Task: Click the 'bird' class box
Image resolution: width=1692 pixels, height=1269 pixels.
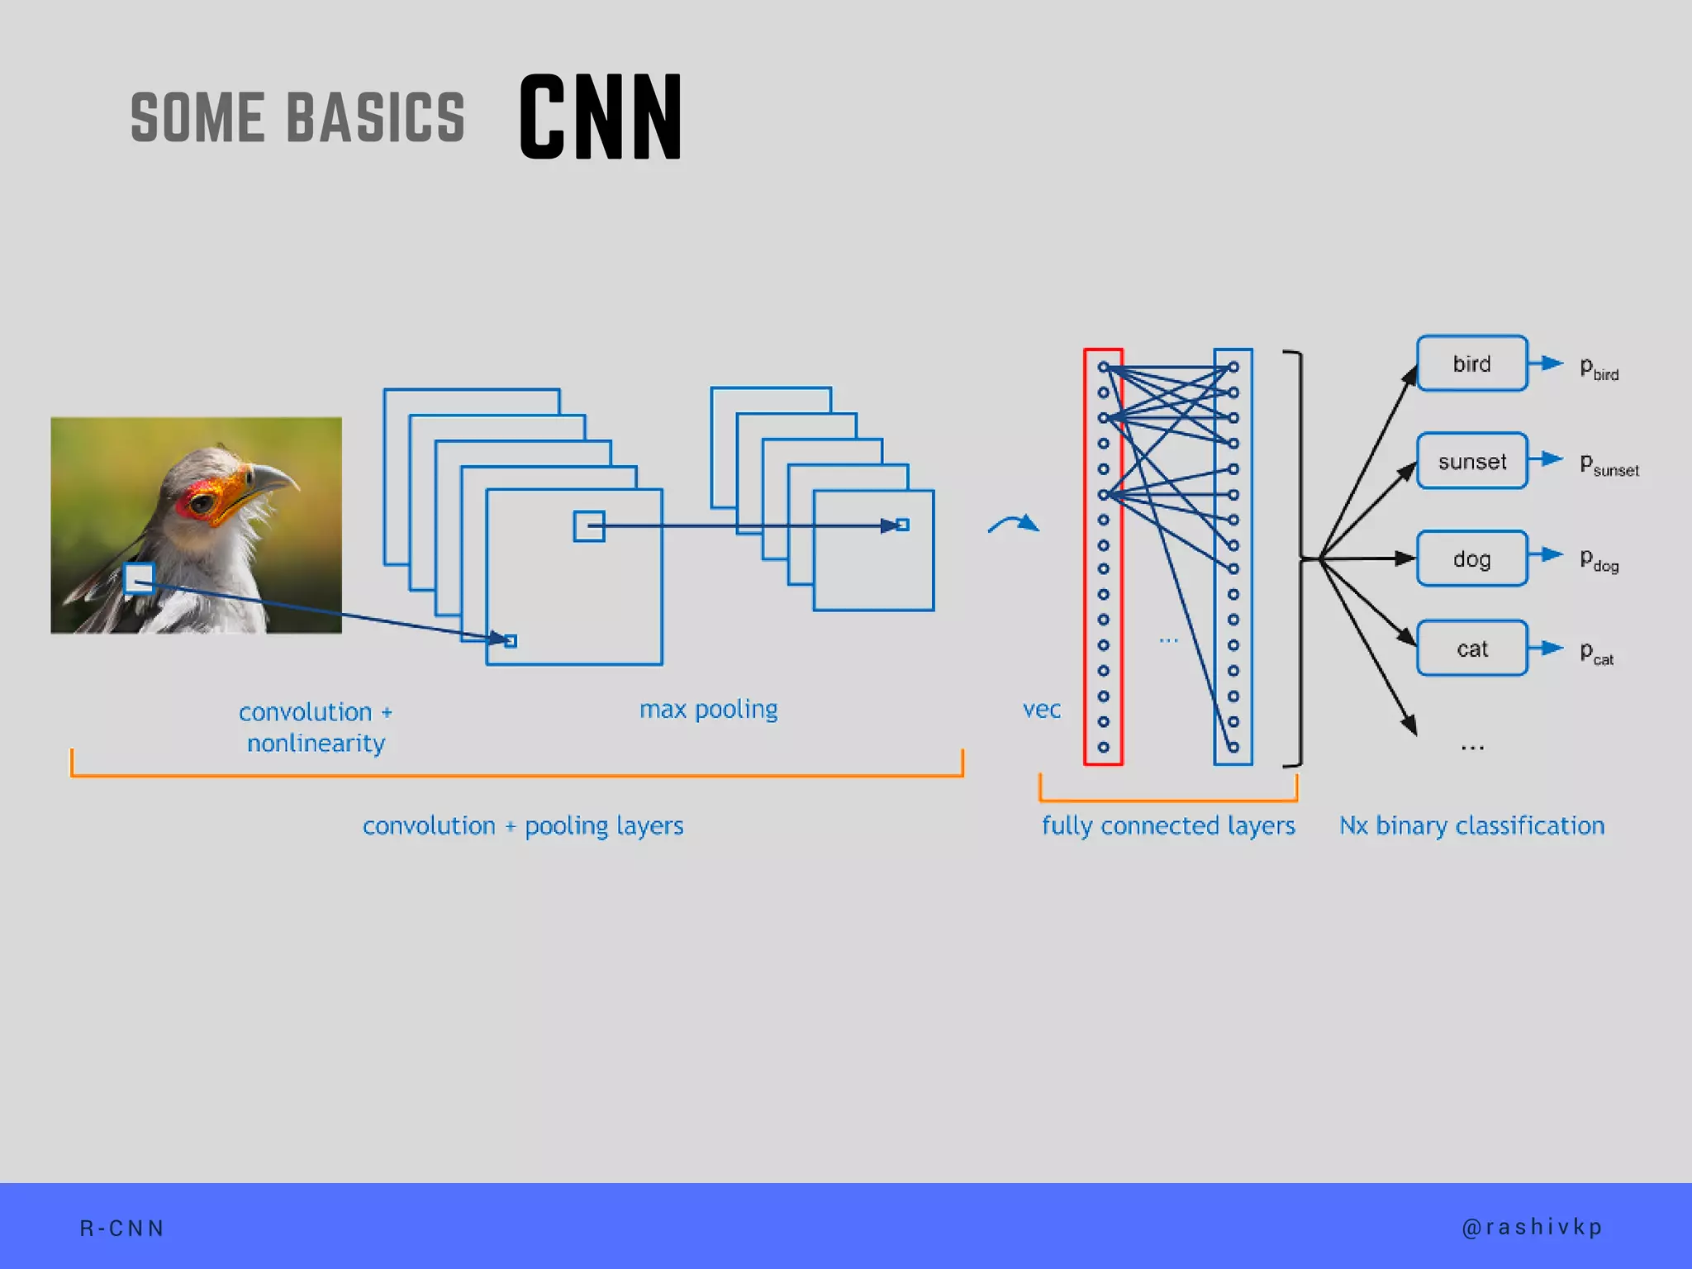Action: [x=1471, y=364]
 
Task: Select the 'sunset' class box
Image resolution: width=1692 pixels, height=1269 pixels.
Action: [x=1471, y=461]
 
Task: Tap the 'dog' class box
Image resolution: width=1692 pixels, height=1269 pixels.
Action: [x=1471, y=559]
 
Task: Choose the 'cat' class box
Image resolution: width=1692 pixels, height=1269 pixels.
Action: [x=1471, y=649]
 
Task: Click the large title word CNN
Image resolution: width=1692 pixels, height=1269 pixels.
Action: [x=601, y=116]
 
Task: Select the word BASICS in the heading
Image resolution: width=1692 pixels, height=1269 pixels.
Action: [x=376, y=117]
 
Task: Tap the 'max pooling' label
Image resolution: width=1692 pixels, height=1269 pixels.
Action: [x=708, y=710]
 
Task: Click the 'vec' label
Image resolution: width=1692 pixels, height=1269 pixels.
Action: [x=1041, y=710]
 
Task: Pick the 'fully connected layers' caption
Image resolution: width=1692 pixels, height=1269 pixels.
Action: [x=1167, y=825]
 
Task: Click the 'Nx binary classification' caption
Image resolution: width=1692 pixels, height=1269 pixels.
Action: [x=1471, y=825]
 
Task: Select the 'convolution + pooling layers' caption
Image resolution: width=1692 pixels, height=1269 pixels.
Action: [x=523, y=825]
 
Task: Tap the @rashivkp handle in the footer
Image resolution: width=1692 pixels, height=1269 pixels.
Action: [x=1532, y=1228]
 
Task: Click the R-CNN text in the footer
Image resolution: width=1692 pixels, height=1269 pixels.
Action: [x=122, y=1229]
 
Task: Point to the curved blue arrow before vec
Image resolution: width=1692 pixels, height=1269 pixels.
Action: [x=1013, y=524]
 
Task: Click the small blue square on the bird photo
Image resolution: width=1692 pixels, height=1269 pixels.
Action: [x=139, y=578]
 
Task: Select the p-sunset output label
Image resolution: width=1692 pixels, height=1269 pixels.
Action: [x=1608, y=464]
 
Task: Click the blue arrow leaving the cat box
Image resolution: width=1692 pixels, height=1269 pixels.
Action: [x=1546, y=649]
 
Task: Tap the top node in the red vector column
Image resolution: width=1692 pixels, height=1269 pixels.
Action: [x=1103, y=367]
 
